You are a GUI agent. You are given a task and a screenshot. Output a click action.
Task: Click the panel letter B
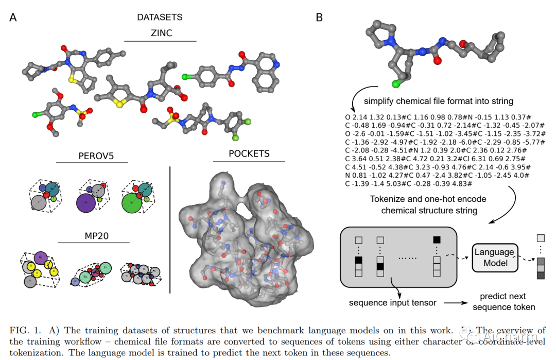click(319, 18)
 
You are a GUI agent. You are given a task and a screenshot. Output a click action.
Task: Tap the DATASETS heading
click(160, 18)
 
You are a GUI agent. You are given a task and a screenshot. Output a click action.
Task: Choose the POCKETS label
click(249, 153)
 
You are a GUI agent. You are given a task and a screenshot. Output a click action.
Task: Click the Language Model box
click(494, 258)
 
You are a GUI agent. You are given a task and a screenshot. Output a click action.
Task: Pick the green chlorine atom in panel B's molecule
click(396, 84)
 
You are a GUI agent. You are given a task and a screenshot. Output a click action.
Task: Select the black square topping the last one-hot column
click(437, 239)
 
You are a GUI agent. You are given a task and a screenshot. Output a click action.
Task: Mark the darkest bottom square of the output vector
click(540, 276)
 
